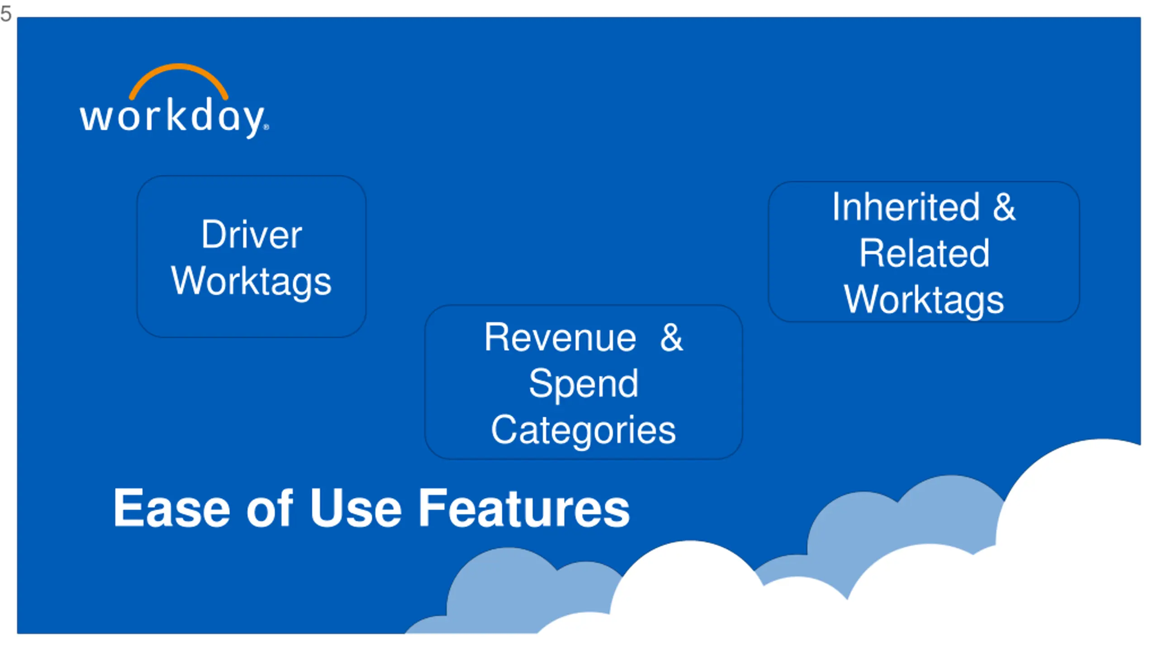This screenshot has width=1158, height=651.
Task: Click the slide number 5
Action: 6,14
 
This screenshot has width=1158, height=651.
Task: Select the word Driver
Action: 252,235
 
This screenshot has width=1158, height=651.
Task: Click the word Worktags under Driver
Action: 252,281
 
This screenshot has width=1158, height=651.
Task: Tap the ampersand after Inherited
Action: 1004,207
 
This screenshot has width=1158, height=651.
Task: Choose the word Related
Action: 924,254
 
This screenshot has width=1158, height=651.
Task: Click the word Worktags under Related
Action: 924,300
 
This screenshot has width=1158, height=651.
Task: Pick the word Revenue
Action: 560,338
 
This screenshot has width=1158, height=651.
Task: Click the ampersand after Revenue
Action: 671,338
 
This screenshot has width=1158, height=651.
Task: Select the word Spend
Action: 584,384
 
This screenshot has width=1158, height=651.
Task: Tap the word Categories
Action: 584,430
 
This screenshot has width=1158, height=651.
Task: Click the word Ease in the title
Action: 171,509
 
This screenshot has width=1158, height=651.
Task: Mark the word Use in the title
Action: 356,509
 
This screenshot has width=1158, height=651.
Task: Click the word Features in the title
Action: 524,509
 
